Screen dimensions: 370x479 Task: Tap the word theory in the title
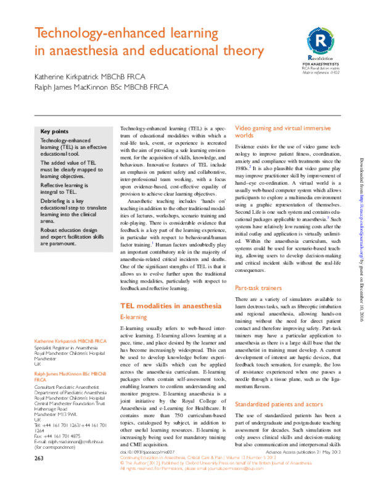pos(242,52)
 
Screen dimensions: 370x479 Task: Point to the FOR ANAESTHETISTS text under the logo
pos(321,63)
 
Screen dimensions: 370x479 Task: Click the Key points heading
pos(54,132)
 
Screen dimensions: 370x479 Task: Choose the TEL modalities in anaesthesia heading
pos(171,305)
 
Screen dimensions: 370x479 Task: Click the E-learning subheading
pos(133,317)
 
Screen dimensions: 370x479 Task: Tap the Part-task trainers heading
pos(258,288)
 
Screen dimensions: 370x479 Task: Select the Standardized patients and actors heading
pos(279,404)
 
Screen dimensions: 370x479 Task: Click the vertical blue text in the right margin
pos(362,226)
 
